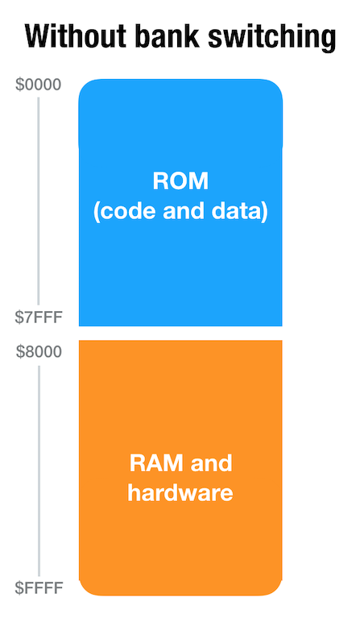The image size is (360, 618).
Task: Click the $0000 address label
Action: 38,85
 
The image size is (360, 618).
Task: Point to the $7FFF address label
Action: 39,317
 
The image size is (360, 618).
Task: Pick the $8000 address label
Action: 39,351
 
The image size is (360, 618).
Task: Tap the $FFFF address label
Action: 39,587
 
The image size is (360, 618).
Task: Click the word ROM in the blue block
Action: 180,181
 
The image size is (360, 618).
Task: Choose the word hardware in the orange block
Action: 180,493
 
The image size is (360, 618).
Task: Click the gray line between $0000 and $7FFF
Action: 38,201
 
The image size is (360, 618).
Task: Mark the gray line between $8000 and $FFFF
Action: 39,471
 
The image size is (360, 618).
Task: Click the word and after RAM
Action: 211,463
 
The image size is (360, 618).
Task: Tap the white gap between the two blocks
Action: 180,333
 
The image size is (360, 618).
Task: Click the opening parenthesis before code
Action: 96,212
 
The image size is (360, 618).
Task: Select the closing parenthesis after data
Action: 265,212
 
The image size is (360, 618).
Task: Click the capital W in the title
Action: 39,36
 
